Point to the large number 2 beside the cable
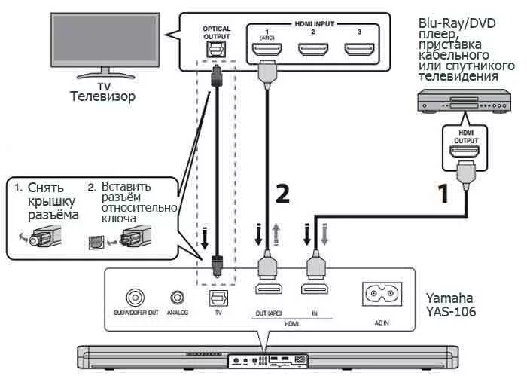[282, 194]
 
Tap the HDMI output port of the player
[465, 151]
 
